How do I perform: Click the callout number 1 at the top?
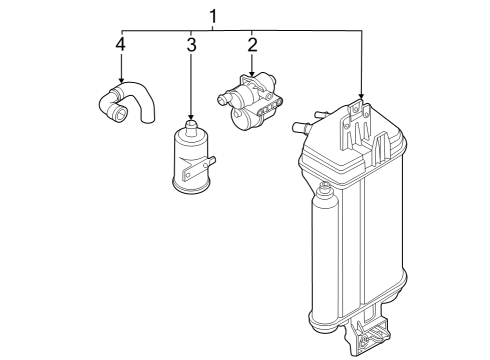213,16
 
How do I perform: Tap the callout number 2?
252,45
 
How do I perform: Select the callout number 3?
191,45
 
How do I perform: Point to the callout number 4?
121,44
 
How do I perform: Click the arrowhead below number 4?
121,80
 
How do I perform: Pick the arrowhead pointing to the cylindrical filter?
191,117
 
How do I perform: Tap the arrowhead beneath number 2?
252,73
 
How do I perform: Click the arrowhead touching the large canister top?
361,96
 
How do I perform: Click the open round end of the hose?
119,114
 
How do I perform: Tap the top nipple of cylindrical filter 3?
191,128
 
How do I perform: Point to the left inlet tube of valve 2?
225,98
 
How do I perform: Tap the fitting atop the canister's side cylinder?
324,190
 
